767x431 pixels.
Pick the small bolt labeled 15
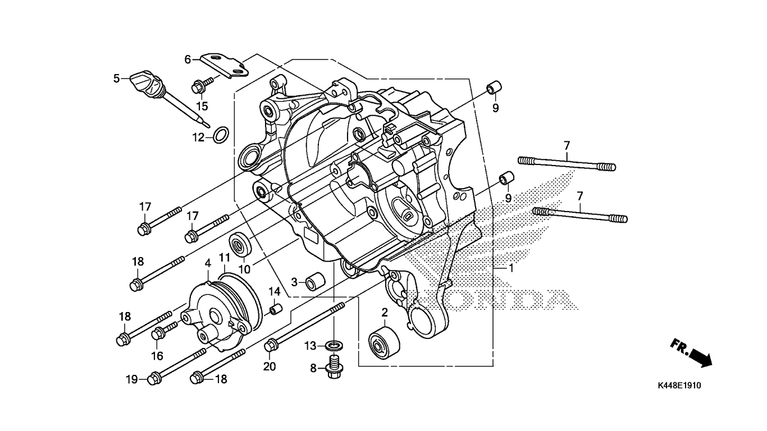201,86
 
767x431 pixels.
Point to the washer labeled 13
336,344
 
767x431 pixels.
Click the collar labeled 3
313,281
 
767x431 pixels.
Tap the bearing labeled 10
241,245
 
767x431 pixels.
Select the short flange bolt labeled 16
164,330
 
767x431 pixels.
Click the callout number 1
511,268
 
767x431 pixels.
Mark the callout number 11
225,258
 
